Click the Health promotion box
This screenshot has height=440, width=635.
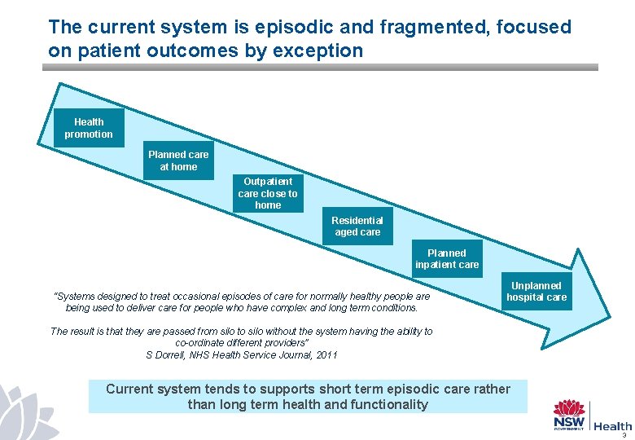point(89,128)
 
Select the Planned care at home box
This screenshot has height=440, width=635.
point(178,161)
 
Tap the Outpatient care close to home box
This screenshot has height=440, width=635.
point(268,193)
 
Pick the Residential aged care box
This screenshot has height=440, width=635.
point(357,227)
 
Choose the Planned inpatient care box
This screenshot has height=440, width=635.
point(447,259)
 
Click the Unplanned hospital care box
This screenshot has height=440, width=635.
point(536,292)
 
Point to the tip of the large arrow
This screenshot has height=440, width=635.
point(608,314)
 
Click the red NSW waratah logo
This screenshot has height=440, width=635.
point(570,410)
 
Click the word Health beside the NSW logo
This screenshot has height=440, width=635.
point(612,426)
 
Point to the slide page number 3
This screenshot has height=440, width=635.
point(624,435)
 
